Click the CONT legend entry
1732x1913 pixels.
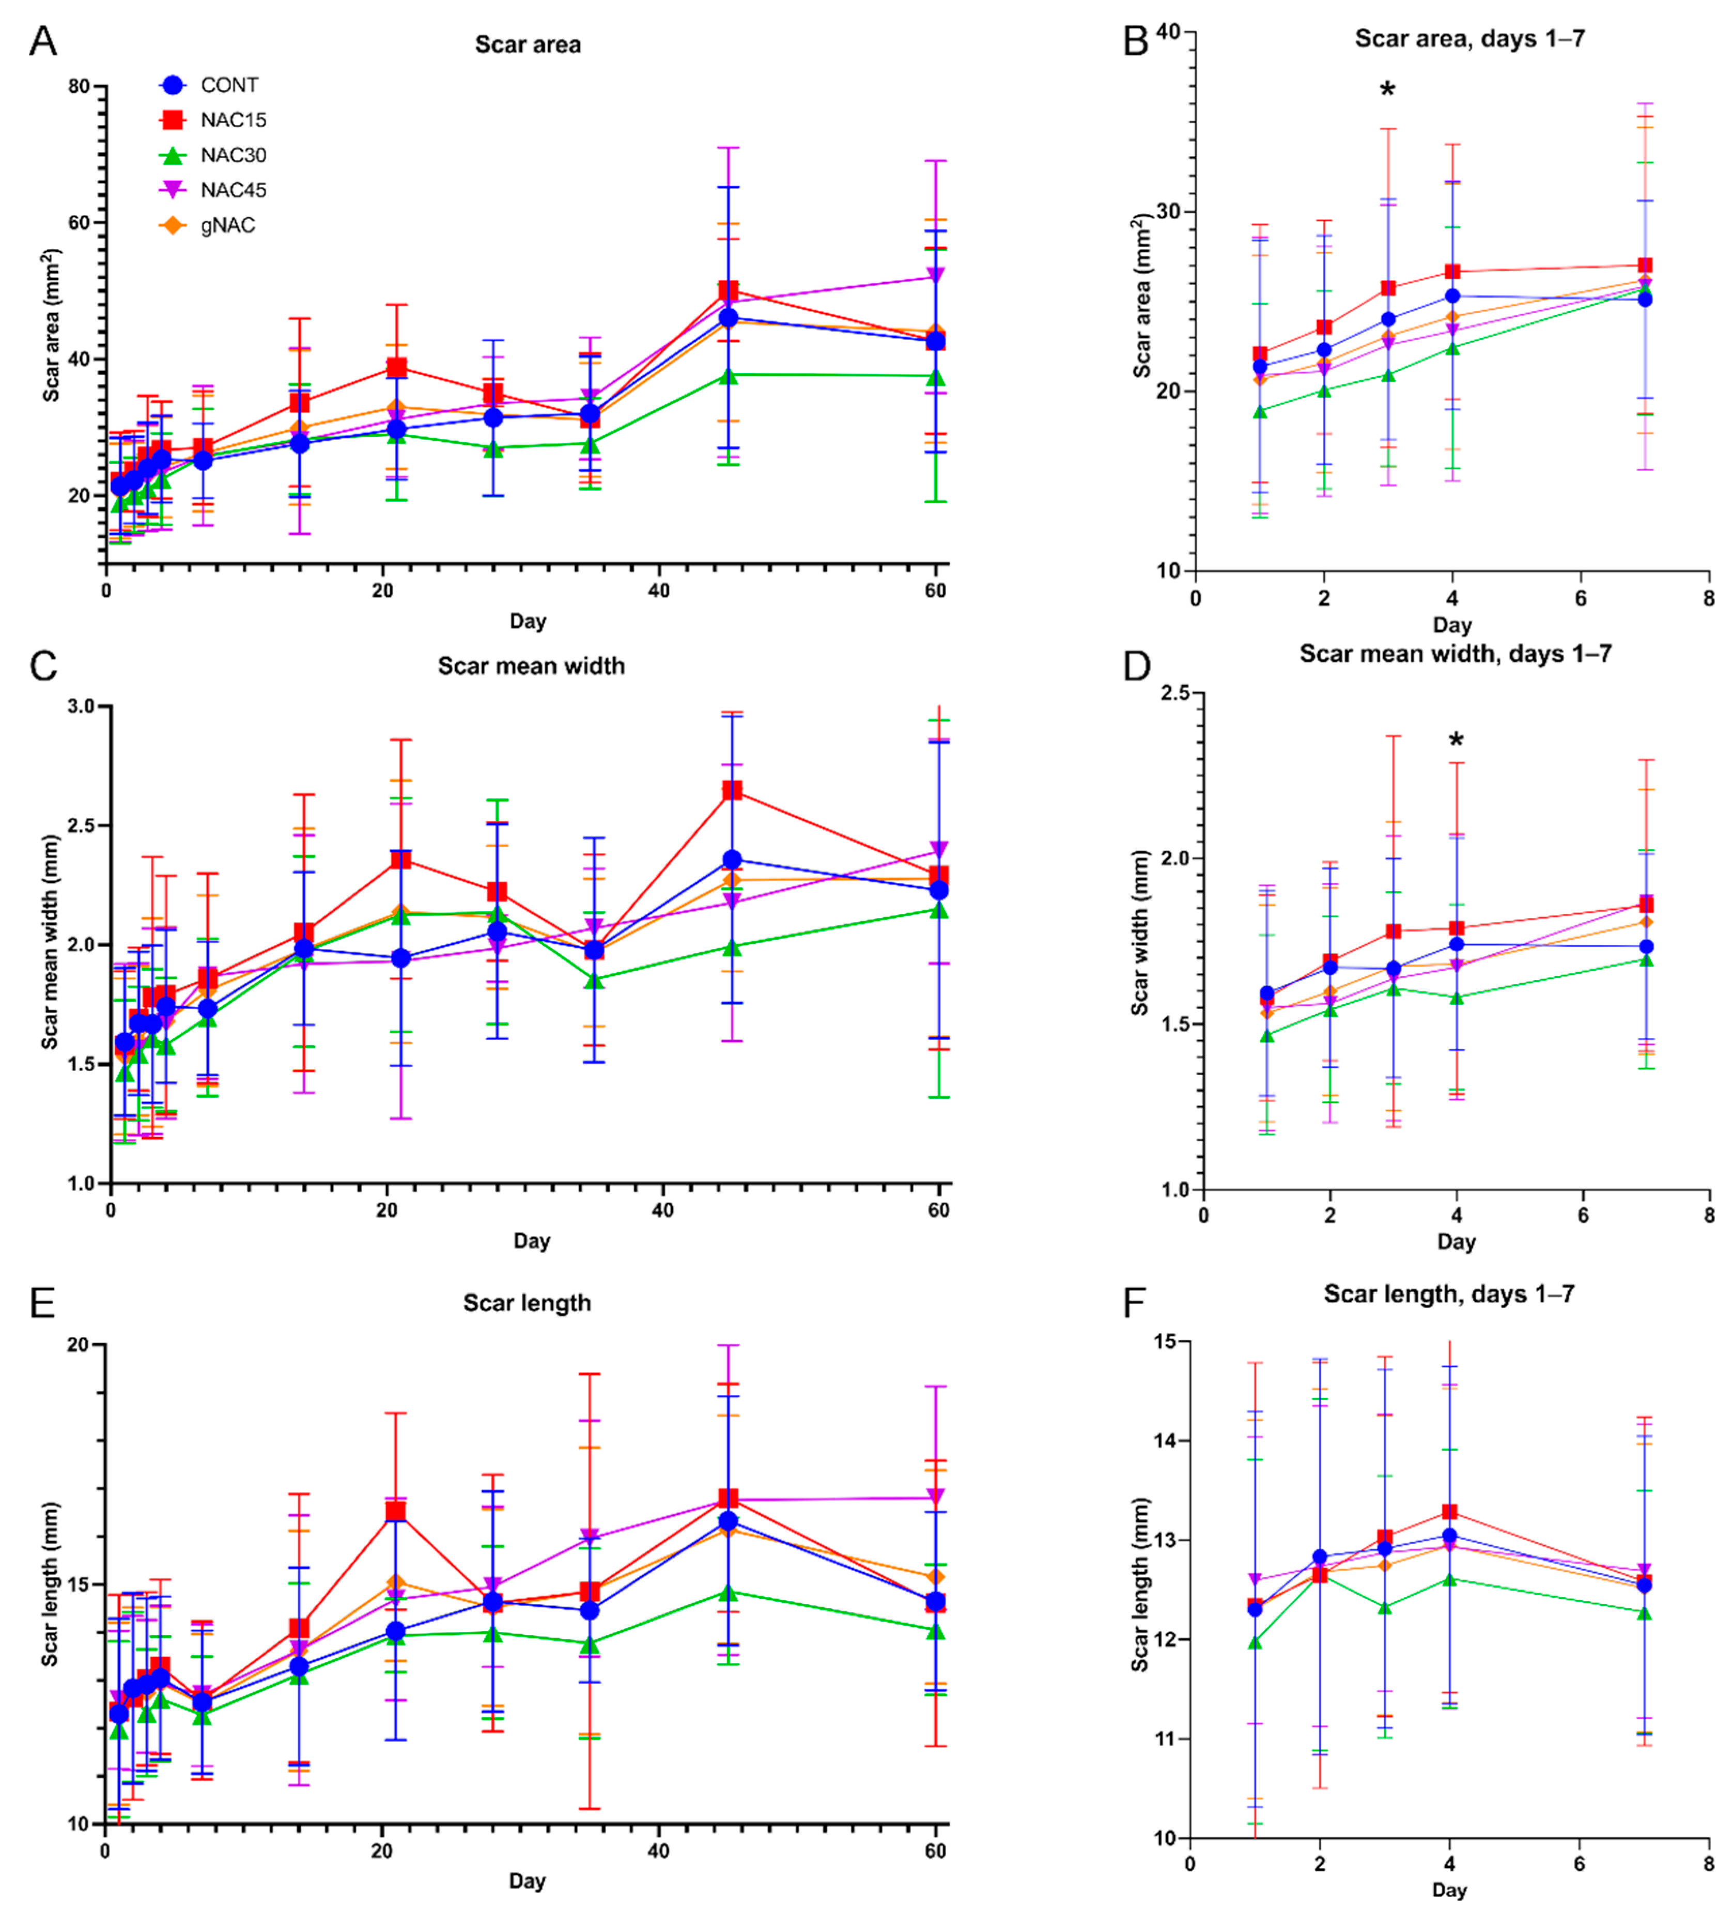[x=229, y=85]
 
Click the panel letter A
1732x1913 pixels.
[x=43, y=42]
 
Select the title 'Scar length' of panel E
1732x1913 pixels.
[x=527, y=1303]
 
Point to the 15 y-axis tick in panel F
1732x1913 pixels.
[x=1165, y=1342]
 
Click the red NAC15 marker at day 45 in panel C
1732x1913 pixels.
[x=732, y=790]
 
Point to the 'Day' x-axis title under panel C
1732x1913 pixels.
[x=532, y=1240]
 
